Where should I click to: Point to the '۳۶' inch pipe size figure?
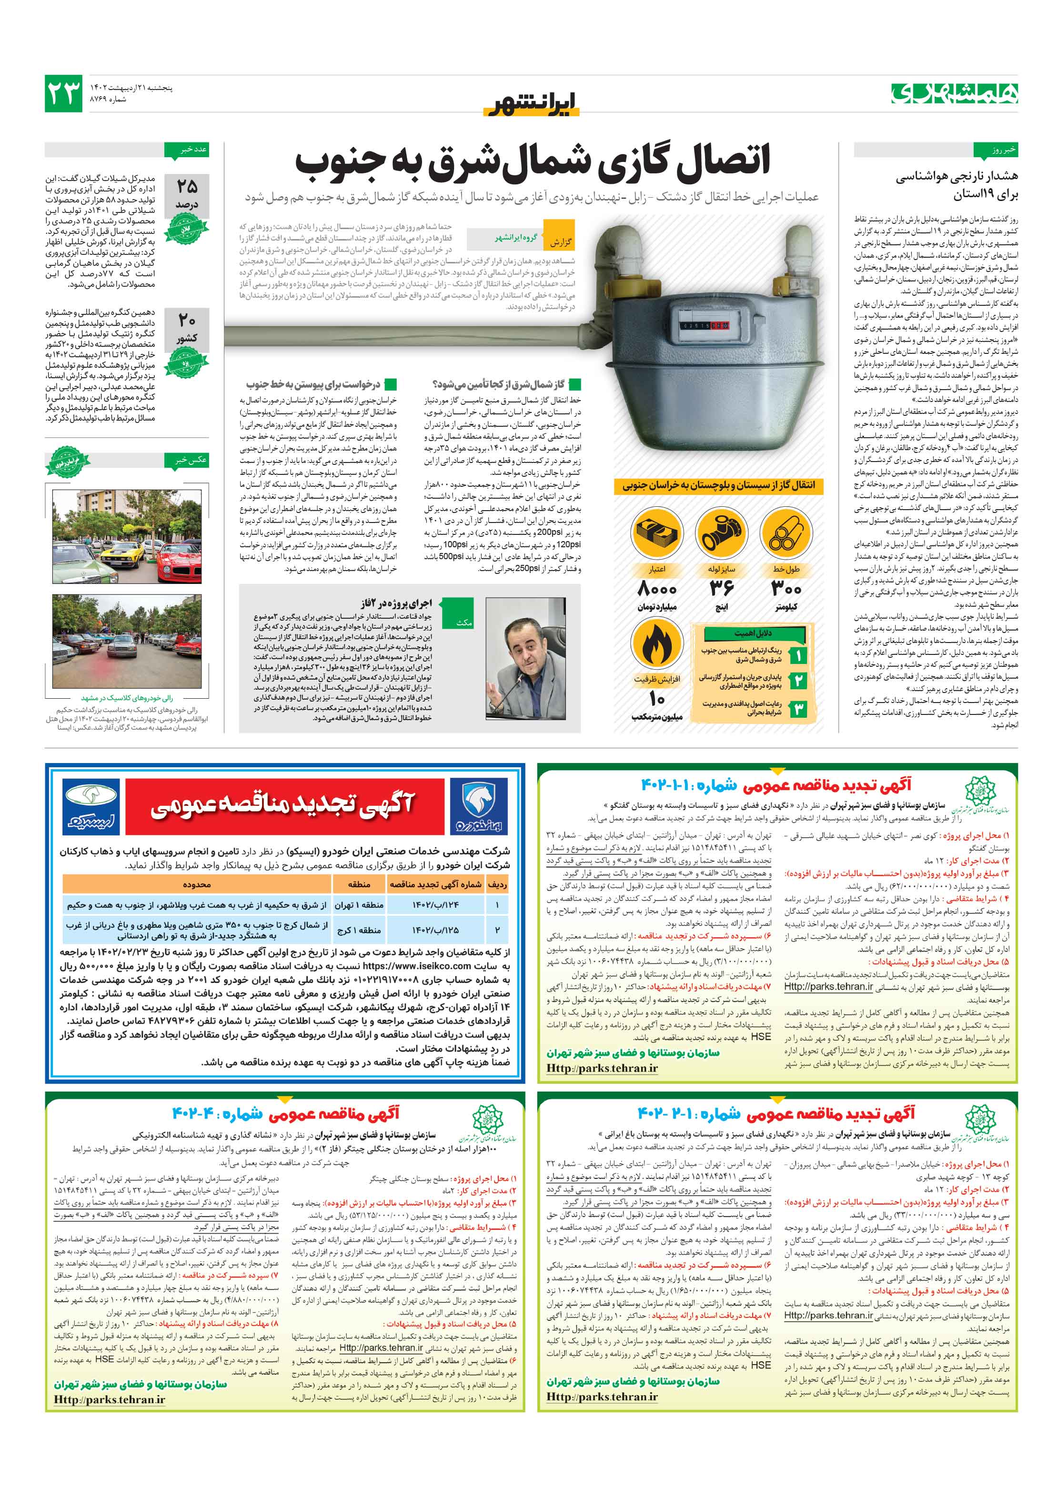721,589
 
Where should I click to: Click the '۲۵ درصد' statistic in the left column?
187,194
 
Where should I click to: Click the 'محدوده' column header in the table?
196,885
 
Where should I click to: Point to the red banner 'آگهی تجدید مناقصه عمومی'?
284,805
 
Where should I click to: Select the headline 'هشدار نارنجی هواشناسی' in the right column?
956,176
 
